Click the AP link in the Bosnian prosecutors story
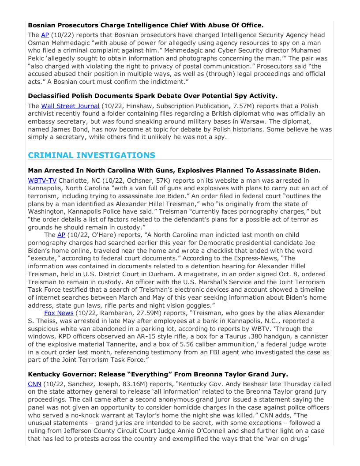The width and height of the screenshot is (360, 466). [45, 35]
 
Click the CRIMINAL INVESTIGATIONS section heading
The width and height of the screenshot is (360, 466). [91, 155]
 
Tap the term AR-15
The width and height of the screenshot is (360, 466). [138, 337]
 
